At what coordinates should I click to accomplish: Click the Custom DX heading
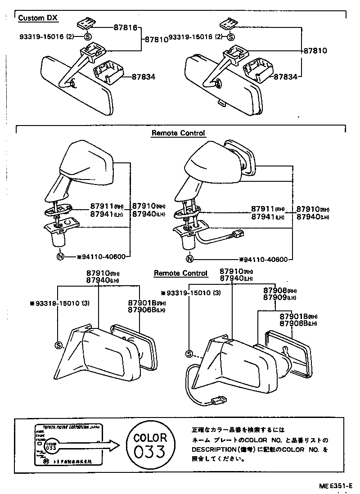(x=38, y=18)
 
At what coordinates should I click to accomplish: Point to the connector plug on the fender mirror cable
(x=238, y=234)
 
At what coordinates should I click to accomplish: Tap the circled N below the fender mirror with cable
(x=189, y=259)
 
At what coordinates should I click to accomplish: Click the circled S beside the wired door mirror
(x=189, y=354)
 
